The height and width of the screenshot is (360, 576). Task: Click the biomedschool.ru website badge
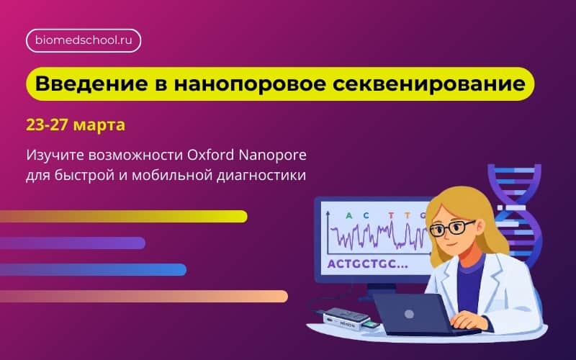(84, 40)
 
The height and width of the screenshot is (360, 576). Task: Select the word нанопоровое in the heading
(249, 84)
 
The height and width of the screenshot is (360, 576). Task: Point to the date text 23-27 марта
(76, 125)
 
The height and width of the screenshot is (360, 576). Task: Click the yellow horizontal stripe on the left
(122, 216)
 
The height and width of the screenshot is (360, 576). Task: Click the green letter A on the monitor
(349, 215)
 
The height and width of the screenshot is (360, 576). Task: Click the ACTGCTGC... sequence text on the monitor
(366, 264)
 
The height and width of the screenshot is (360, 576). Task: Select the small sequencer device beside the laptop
(345, 317)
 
